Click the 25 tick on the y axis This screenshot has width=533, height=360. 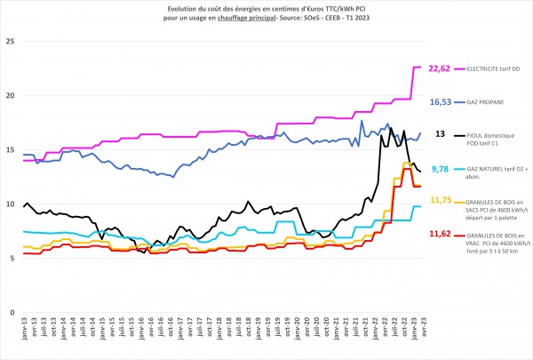click(9, 42)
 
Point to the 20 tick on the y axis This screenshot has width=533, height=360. click(9, 96)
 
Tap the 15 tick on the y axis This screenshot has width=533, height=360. click(9, 150)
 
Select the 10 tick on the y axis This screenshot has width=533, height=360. click(9, 204)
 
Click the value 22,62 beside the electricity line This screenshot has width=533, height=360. click(440, 68)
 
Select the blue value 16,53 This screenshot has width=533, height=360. click(440, 102)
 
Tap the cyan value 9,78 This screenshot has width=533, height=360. click(440, 168)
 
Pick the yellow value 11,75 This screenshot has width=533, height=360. click(440, 201)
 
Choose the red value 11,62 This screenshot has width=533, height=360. click(440, 234)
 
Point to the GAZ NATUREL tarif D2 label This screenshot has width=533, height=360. click(493, 168)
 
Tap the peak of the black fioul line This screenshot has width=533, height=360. click(390, 128)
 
